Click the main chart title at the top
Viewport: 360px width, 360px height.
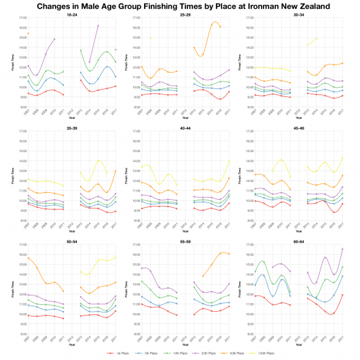[x=180, y=5]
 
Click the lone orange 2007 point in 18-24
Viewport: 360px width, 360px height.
[x=28, y=33]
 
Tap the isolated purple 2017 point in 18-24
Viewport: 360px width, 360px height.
[x=115, y=50]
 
